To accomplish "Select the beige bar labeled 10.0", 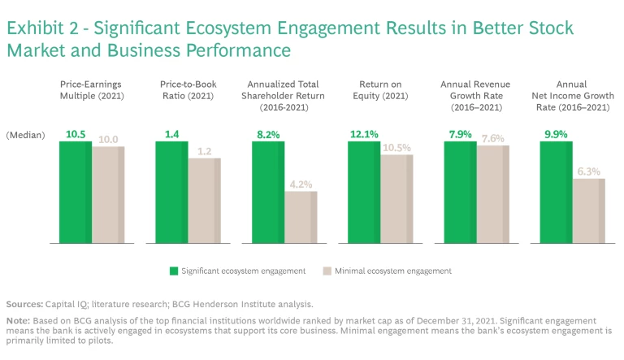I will tap(108, 195).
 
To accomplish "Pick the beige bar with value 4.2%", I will tap(301, 217).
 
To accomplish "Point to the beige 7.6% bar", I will tap(493, 195).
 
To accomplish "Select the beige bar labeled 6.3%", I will tap(589, 210).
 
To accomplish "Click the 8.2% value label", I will tap(268, 134).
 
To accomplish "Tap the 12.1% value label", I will tap(364, 134).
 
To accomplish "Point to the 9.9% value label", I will tap(557, 134).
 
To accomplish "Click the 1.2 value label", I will tap(205, 150).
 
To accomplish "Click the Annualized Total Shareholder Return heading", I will tap(284, 95).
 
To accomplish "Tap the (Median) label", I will tap(26, 135).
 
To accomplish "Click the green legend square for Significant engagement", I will tap(174, 271).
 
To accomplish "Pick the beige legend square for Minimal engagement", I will tap(327, 271).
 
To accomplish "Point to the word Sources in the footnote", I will tap(24, 304).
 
